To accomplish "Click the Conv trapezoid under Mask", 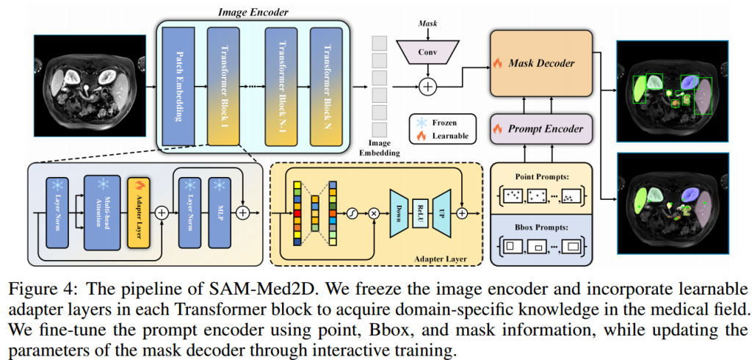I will pos(427,51).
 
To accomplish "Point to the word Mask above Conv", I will pos(427,24).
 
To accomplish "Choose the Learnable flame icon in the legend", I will pos(420,136).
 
